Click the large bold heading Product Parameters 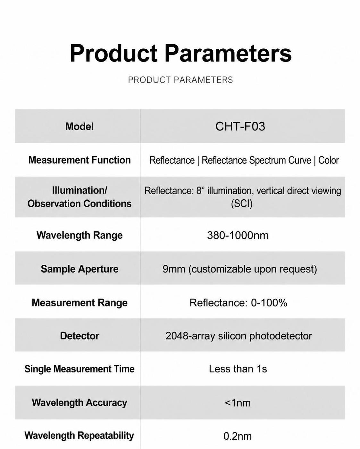[x=180, y=53]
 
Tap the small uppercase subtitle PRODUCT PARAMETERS [x=180, y=80]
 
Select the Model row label [x=80, y=127]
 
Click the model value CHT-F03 [x=240, y=126]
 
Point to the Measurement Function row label [x=80, y=160]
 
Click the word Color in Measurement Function [x=328, y=160]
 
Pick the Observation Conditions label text [x=80, y=204]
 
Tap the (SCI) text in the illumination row [x=242, y=204]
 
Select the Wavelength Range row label [x=80, y=235]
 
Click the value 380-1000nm [x=238, y=235]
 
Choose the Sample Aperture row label [x=80, y=269]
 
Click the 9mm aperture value [x=174, y=269]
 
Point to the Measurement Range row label [x=80, y=303]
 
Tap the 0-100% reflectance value [x=269, y=303]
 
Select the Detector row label [x=80, y=336]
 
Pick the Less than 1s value [x=238, y=369]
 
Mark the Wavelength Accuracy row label [x=80, y=403]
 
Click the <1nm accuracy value [x=238, y=403]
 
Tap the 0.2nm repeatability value [x=238, y=436]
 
